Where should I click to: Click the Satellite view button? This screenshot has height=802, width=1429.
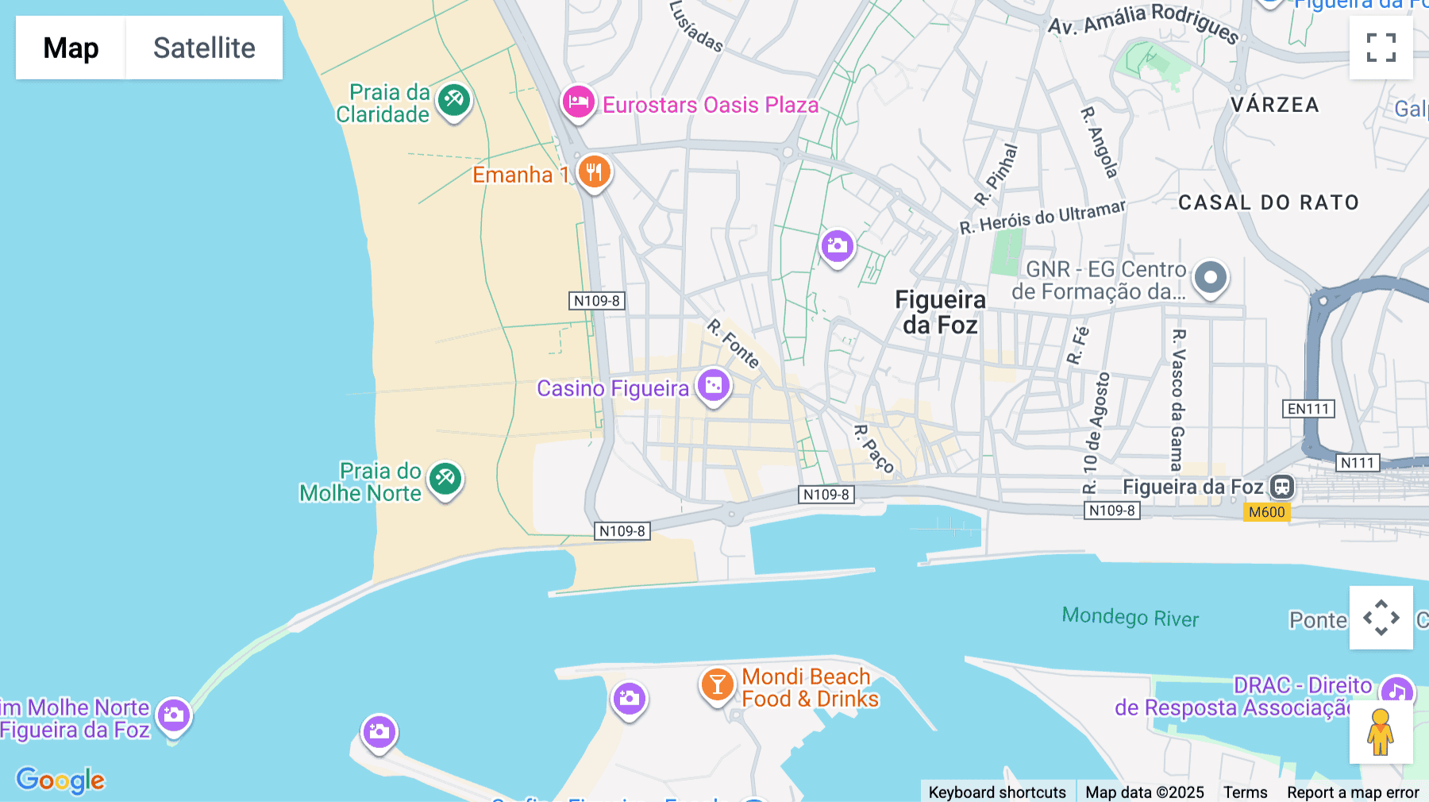click(x=204, y=48)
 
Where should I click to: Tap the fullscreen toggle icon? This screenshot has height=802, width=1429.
click(x=1381, y=48)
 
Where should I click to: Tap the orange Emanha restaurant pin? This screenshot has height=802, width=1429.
click(x=594, y=172)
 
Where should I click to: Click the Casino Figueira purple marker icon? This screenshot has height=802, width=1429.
click(x=714, y=386)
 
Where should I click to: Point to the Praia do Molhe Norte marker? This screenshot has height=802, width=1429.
click(x=445, y=480)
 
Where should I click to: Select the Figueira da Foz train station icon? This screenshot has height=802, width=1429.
click(x=1282, y=487)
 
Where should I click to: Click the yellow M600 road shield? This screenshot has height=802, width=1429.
click(x=1266, y=512)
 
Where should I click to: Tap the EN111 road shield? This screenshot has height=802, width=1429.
click(x=1308, y=409)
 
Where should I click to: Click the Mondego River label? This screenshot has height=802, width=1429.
click(x=1130, y=617)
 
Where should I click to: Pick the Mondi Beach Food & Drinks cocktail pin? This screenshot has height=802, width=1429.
click(x=717, y=684)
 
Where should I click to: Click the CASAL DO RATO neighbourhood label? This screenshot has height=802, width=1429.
click(x=1268, y=202)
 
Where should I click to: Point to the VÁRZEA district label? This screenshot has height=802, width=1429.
click(x=1274, y=105)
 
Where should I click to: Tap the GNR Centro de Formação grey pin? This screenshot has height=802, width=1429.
click(x=1211, y=278)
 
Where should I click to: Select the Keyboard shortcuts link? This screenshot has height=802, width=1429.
click(x=996, y=792)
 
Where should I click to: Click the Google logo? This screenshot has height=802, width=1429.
click(x=60, y=780)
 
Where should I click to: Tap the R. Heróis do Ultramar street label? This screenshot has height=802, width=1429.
click(x=1042, y=217)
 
